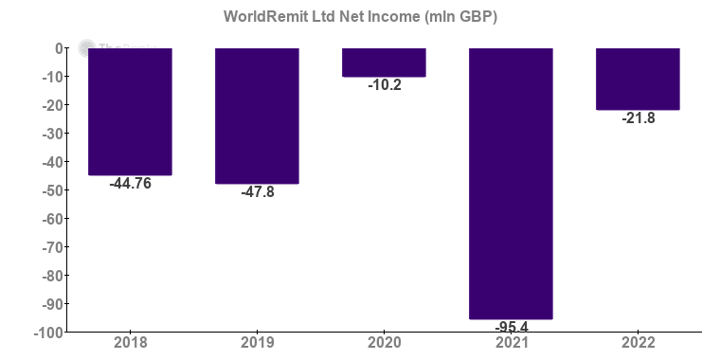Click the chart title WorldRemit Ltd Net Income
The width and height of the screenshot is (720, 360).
(x=360, y=16)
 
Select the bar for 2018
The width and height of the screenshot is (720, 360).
(x=130, y=111)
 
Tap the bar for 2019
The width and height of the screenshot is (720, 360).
(x=257, y=115)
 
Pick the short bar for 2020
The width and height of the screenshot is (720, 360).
(x=384, y=62)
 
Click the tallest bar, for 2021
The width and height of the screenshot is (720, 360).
(x=511, y=183)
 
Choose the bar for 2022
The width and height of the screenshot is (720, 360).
(x=638, y=79)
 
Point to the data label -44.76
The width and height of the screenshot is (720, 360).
(x=130, y=184)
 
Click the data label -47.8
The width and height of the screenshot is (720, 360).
(x=257, y=192)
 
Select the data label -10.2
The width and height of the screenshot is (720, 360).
(x=384, y=85)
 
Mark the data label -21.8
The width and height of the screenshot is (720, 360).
(x=638, y=118)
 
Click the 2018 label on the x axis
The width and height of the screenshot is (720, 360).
(x=130, y=343)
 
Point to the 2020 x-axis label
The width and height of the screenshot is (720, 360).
(x=384, y=343)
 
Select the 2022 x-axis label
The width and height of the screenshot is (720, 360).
(x=638, y=343)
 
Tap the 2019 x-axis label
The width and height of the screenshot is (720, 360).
(x=257, y=343)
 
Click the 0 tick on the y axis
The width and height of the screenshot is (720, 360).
(x=59, y=48)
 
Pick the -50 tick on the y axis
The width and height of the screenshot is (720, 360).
(x=51, y=190)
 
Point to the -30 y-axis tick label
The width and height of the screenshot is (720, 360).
(x=51, y=134)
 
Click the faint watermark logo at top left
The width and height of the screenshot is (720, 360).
(x=87, y=48)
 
